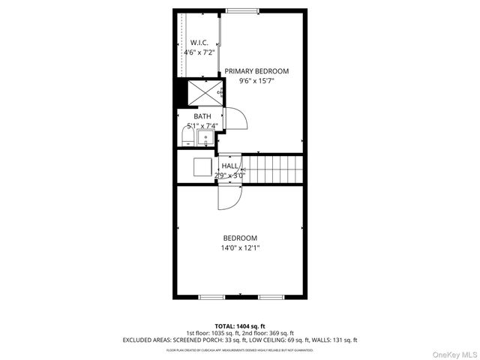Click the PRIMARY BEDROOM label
(256, 70)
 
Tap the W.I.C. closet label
(199, 43)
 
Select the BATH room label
(202, 116)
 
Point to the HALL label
(230, 166)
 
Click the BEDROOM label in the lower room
(240, 238)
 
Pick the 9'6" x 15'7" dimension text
(256, 80)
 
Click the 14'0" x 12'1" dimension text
(240, 247)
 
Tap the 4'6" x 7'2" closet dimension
(199, 52)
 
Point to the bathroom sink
(204, 137)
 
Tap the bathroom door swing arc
(234, 118)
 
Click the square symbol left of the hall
(202, 166)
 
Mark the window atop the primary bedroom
(239, 10)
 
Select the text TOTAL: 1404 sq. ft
(240, 326)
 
